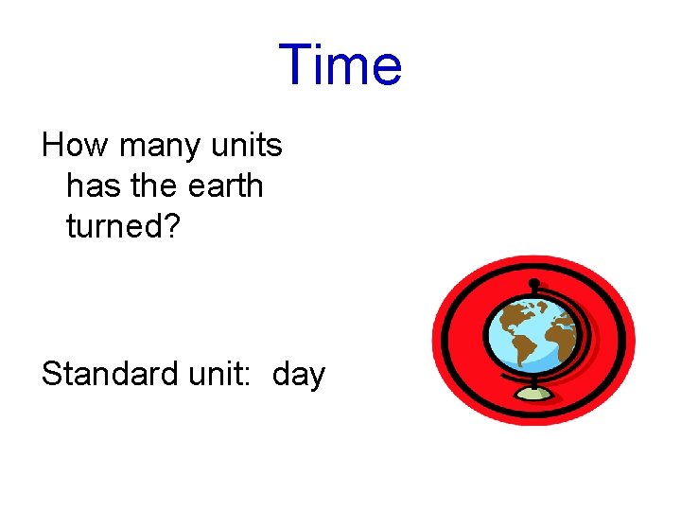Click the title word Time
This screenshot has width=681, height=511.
(x=340, y=65)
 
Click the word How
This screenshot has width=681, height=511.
(x=72, y=146)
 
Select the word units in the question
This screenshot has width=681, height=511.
(x=247, y=146)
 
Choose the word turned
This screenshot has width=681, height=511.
(x=111, y=225)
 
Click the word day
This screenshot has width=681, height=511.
(x=298, y=376)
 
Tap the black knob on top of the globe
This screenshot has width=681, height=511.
(x=534, y=283)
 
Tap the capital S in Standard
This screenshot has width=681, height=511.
(x=51, y=375)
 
